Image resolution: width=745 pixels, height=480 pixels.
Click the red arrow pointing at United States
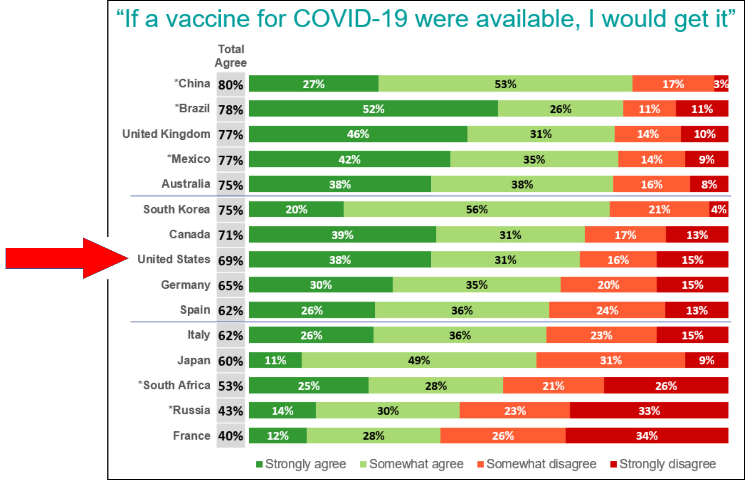coord(66,258)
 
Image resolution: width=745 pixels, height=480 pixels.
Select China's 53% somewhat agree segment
coord(505,84)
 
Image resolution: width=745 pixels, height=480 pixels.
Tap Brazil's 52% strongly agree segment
coord(373,109)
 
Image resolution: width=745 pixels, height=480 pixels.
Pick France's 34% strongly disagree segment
coord(646,436)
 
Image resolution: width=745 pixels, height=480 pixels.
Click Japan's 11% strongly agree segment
coord(275,360)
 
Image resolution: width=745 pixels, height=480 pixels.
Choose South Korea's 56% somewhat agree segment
coord(477,209)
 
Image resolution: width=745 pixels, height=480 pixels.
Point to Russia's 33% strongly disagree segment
coord(649,410)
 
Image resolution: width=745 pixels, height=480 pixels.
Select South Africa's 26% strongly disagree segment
coord(666,386)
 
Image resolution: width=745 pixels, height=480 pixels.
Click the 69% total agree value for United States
coord(231,261)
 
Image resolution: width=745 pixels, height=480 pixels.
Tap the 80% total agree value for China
coord(231,85)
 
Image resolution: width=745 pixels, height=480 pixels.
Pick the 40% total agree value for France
coord(231,436)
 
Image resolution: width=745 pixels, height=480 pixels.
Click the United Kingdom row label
coord(166,134)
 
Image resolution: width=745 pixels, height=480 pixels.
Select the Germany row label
coord(186,285)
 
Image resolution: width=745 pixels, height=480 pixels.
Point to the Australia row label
coord(186,184)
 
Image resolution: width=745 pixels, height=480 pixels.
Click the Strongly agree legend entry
coord(302,464)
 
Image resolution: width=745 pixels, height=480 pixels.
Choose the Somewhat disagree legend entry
coord(537,464)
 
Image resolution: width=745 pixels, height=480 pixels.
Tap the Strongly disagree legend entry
coord(663,464)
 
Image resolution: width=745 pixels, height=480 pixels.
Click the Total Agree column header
coord(231,56)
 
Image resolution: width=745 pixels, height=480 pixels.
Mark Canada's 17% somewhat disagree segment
coord(625,235)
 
